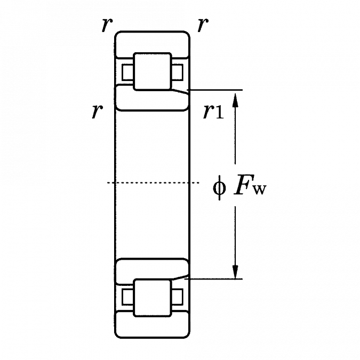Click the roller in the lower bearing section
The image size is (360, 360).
pos(151,297)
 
